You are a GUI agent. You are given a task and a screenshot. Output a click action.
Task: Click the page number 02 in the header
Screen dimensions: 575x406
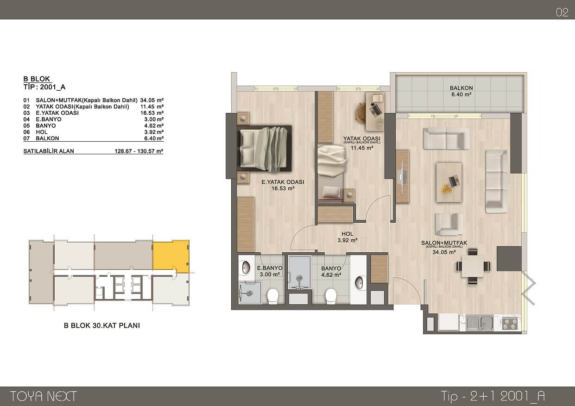coord(562,12)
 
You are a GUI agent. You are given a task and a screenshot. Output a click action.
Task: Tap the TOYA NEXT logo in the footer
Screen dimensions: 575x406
coord(44,396)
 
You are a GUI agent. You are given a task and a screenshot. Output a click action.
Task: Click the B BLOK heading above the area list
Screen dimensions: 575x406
coord(37,79)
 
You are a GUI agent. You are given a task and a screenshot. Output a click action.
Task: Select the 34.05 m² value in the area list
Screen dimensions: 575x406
coord(152,100)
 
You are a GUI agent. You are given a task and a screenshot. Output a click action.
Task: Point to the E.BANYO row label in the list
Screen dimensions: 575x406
coord(49,119)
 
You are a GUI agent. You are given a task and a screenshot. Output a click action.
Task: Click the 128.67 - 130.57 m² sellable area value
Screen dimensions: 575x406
coord(139,151)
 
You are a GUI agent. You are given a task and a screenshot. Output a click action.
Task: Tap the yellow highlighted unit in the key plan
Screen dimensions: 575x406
coord(171,256)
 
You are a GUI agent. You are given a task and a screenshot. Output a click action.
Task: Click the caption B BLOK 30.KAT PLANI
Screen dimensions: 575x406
coord(102,325)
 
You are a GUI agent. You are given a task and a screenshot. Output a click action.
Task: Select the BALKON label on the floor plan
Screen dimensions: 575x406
coord(461,88)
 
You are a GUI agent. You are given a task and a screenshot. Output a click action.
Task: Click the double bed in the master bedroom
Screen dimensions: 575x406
coord(265,149)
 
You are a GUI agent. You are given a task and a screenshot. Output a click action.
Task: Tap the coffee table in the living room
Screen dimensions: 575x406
coord(449,182)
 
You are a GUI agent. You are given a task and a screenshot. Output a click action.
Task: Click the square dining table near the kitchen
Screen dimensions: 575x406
coord(473,266)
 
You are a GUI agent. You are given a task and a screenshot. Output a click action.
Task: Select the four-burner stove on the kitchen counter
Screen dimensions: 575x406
coord(510,323)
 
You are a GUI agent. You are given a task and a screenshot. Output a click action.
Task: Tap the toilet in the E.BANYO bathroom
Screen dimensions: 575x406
coord(272,296)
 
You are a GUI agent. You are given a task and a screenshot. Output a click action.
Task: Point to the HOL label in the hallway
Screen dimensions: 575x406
coord(348,234)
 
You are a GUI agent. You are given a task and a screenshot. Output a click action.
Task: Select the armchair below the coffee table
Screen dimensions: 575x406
coord(449,224)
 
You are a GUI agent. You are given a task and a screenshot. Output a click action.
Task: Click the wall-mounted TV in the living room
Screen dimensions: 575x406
coord(402,177)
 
